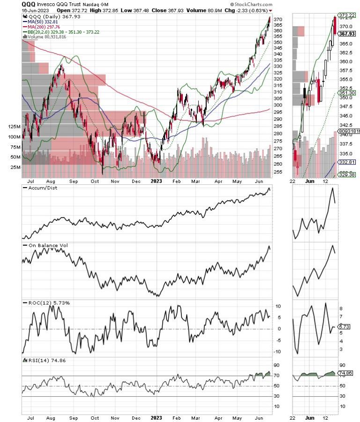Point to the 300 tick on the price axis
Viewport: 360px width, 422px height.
(x=278, y=105)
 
